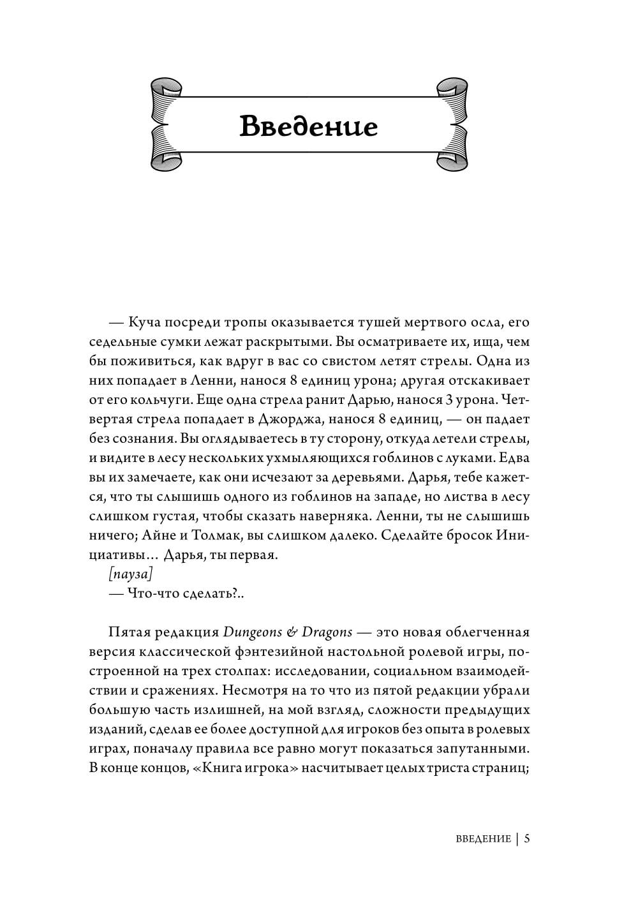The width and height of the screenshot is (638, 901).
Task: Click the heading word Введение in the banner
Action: pos(309,126)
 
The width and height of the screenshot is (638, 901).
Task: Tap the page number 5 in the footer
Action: pos(527,838)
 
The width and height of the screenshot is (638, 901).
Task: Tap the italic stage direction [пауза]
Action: pos(131,574)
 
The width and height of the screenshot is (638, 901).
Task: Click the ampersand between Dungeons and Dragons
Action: pos(292,632)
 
